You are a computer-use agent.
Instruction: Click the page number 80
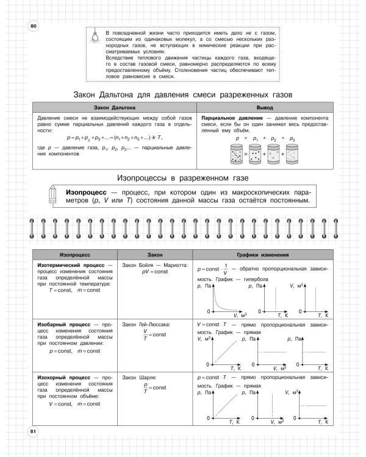[x=33, y=25]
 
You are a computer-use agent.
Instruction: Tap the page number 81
[x=33, y=432]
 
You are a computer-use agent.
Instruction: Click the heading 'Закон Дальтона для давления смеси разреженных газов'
[x=183, y=95]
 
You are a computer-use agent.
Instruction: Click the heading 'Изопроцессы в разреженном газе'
[x=183, y=177]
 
